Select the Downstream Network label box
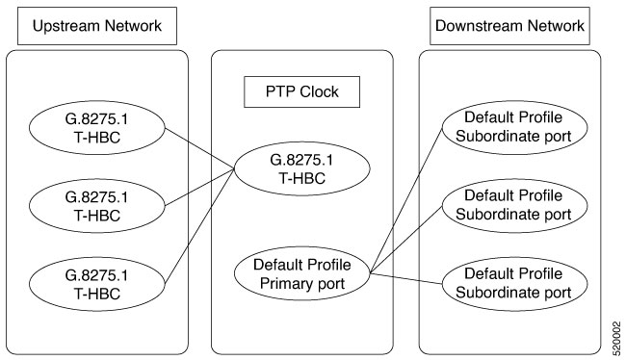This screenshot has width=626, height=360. [x=509, y=26]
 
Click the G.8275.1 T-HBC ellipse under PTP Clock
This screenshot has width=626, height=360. [x=300, y=172]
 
